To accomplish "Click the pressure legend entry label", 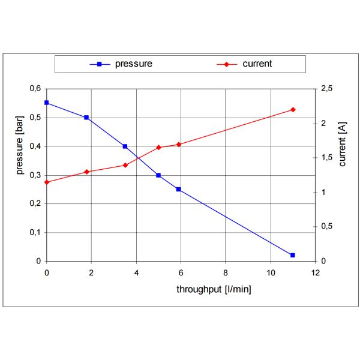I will [x=134, y=64].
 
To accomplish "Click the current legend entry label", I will [x=257, y=64].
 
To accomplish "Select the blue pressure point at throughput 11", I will [x=293, y=255].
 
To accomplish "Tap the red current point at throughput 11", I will [x=293, y=110].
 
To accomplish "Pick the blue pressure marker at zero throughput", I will [x=47, y=103].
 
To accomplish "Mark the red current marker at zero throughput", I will [x=47, y=182].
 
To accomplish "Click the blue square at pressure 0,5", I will [x=86, y=118].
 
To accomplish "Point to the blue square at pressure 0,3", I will [x=158, y=175].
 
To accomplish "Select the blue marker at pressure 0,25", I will [x=178, y=189].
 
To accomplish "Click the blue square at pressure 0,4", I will [x=125, y=146].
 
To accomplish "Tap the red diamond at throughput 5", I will [x=158, y=147].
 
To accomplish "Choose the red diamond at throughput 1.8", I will [x=86, y=172].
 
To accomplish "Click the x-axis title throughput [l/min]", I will [x=214, y=289].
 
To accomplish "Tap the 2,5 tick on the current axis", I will [x=326, y=89].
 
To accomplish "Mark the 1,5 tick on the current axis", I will [x=326, y=158].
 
